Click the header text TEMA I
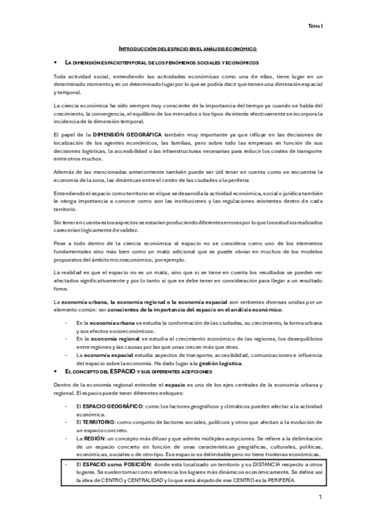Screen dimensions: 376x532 tap(315, 26)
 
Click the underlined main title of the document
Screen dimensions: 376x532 tap(188, 48)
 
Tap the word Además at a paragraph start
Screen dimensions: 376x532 tap(63, 170)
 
